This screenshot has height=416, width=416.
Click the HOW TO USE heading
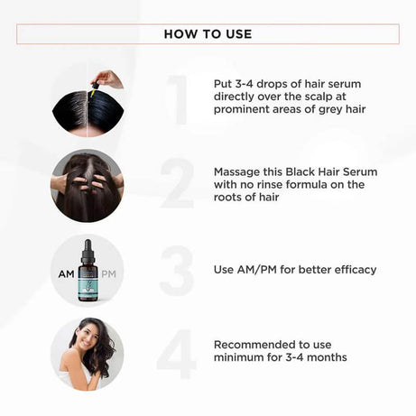208,34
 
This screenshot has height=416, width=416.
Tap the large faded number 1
178,100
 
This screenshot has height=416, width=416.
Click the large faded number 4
177,353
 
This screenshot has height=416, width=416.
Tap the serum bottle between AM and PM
88,272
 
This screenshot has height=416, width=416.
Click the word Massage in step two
239,171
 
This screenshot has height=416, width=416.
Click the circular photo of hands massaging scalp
88,186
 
